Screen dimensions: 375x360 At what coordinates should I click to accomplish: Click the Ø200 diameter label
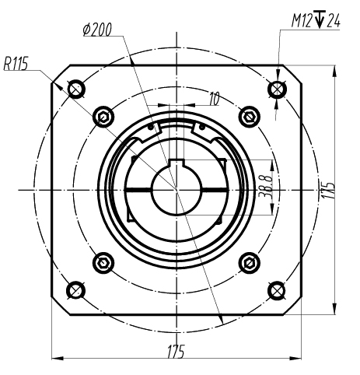point(98,29)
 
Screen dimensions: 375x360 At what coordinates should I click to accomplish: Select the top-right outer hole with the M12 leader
point(276,89)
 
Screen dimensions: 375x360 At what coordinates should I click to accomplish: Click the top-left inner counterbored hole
point(102,117)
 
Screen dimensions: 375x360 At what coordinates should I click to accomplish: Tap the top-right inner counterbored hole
point(249,117)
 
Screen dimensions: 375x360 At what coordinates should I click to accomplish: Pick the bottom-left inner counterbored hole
point(102,262)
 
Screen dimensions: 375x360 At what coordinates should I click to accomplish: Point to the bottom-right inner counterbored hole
point(249,262)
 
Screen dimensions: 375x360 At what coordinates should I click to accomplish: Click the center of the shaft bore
point(177,190)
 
